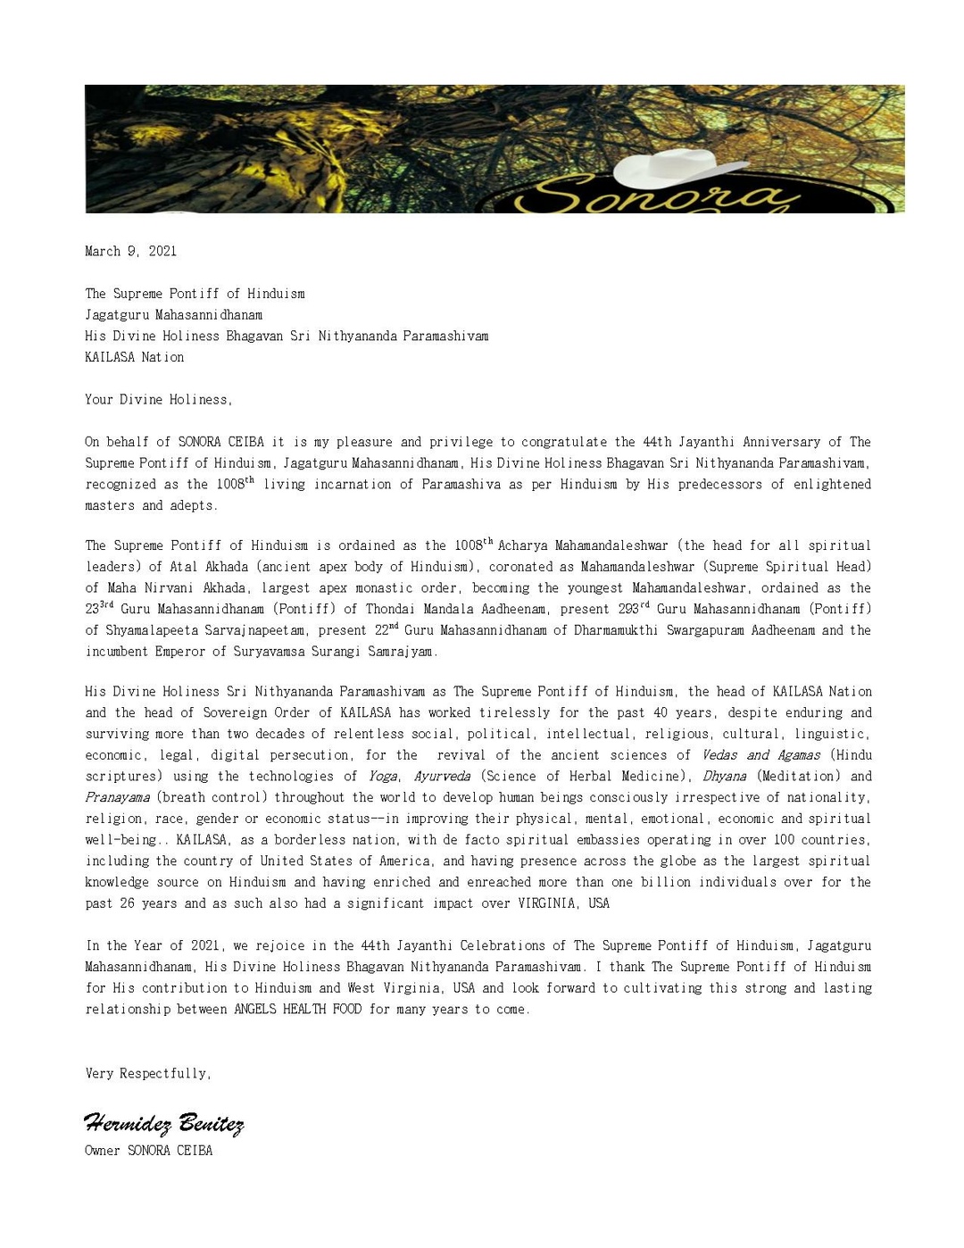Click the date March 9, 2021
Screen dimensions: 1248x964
click(130, 251)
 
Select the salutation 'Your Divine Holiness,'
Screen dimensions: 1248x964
click(158, 399)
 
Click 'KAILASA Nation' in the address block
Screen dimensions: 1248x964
click(134, 357)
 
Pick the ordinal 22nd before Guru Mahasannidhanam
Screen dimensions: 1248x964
click(386, 629)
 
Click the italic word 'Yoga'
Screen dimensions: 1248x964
click(383, 776)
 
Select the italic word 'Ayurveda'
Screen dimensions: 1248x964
click(442, 776)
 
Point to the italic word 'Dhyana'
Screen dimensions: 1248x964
click(724, 776)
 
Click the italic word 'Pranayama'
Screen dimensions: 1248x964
click(117, 797)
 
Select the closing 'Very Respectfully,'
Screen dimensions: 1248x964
click(148, 1073)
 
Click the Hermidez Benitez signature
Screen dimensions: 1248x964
click(163, 1123)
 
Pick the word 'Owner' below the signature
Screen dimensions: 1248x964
click(103, 1151)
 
